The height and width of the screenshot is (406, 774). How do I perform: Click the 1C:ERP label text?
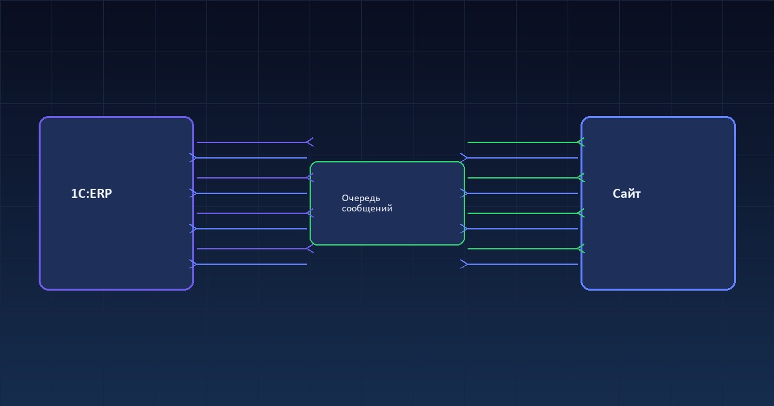[91, 193]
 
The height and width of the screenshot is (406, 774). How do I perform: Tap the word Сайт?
[626, 193]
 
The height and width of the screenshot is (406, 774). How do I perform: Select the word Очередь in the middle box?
[361, 198]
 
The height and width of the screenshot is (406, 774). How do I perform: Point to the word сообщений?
[366, 209]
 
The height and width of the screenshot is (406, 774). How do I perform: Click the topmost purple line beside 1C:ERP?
[252, 142]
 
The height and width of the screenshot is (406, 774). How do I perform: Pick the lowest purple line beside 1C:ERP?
[252, 249]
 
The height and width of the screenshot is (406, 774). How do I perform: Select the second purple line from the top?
[252, 178]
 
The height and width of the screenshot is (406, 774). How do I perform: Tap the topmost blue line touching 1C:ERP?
[252, 158]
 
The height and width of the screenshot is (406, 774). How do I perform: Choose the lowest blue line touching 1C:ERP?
[252, 264]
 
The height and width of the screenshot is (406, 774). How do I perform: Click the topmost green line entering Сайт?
[522, 142]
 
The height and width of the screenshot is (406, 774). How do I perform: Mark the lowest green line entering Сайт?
[522, 249]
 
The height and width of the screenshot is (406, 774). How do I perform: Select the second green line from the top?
[522, 178]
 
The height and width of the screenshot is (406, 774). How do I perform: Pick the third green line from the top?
[522, 213]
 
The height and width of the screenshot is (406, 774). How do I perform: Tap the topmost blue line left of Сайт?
[522, 158]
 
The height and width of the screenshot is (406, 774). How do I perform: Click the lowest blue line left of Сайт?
[522, 264]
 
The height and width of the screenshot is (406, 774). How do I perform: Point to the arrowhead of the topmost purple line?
[310, 142]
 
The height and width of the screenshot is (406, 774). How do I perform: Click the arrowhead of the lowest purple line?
[310, 249]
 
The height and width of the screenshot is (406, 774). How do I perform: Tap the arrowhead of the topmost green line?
[580, 142]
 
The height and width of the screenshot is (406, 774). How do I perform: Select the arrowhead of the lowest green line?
[580, 249]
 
